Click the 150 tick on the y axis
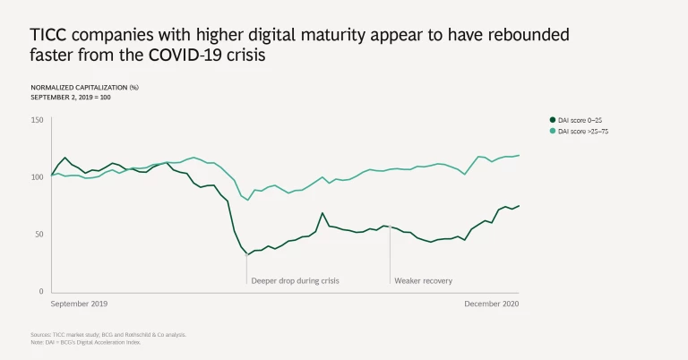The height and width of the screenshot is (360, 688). coord(36,120)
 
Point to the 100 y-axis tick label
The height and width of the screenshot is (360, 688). coord(36,176)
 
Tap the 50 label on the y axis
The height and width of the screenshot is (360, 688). coord(38,234)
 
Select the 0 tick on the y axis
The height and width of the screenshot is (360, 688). coord(40,291)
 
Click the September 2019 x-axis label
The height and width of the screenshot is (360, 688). coord(80,304)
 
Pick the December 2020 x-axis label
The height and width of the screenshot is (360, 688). coord(491,304)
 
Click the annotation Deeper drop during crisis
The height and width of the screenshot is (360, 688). coord(295,280)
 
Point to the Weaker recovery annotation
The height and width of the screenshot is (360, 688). coord(423,280)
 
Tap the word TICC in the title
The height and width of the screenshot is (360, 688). coord(50,35)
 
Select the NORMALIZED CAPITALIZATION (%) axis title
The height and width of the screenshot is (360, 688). coord(84,87)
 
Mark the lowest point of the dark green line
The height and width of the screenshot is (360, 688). coord(247,254)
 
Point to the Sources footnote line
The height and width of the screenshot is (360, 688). coord(108,334)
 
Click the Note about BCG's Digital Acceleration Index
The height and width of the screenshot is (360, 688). coord(85,341)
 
